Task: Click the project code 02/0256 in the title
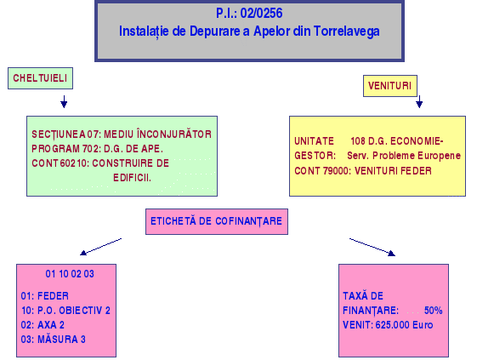click(261, 14)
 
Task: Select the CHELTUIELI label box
click(40, 78)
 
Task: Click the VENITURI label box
click(390, 86)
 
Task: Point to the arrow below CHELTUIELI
click(64, 101)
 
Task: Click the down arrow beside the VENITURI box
click(419, 101)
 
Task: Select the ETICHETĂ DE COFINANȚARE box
click(217, 221)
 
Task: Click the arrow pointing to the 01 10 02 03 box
click(101, 247)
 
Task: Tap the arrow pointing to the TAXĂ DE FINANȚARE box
click(372, 247)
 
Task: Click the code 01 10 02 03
click(70, 274)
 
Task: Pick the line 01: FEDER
click(45, 296)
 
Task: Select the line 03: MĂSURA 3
click(54, 340)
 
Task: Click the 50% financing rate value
click(433, 311)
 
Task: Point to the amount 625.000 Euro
click(404, 325)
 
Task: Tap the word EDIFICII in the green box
click(133, 178)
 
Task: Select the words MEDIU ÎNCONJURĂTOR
click(158, 134)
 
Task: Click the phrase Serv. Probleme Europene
click(404, 156)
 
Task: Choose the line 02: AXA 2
click(43, 325)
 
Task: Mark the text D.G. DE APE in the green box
click(133, 149)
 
